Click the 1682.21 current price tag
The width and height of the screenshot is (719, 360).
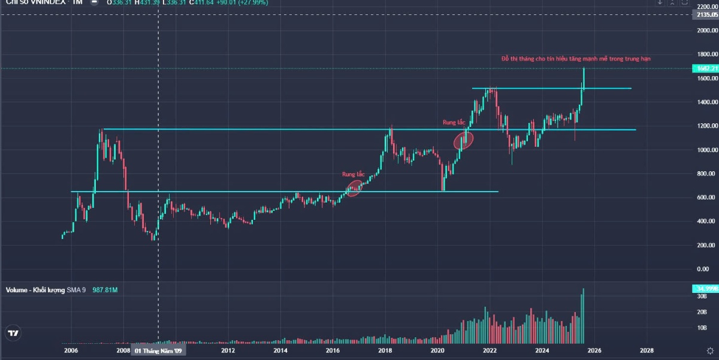(705, 68)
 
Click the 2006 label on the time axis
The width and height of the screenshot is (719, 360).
(71, 350)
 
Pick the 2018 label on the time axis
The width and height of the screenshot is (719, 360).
(385, 350)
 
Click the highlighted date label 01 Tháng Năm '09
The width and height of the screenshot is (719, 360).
(158, 350)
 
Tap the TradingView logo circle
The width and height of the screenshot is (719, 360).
(13, 333)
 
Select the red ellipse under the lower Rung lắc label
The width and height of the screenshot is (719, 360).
(355, 189)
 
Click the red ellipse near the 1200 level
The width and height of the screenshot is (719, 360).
(464, 140)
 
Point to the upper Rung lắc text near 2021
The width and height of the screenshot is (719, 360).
(454, 122)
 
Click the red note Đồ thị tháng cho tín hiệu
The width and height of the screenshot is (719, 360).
(576, 59)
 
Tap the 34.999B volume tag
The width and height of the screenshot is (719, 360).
(705, 289)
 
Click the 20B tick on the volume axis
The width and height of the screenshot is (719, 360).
(702, 311)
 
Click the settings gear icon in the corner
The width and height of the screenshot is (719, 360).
(710, 351)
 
